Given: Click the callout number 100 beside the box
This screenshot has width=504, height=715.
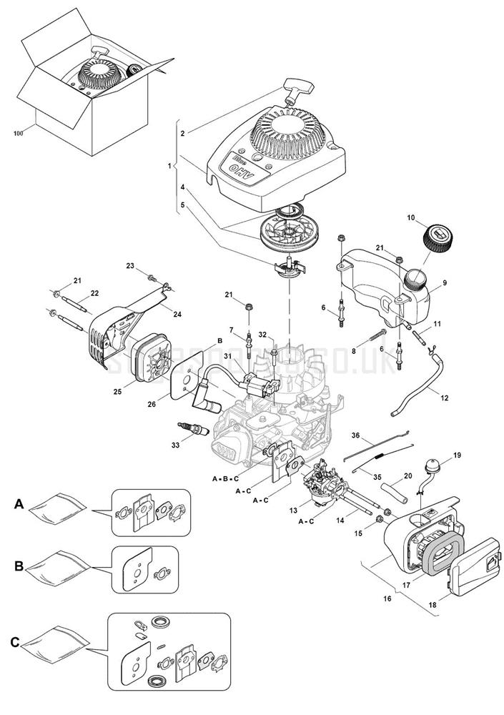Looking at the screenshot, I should (x=19, y=134).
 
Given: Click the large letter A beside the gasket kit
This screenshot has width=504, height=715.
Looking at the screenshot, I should (x=19, y=505).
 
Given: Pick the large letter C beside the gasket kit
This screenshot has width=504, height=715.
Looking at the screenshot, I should (x=15, y=641).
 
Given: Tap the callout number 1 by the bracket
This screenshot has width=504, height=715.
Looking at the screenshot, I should (x=169, y=166).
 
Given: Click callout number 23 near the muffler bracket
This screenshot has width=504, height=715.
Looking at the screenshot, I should (x=131, y=266).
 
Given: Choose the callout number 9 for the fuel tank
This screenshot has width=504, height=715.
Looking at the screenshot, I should (x=444, y=283).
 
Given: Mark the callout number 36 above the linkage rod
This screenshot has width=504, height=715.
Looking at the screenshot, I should (x=356, y=435).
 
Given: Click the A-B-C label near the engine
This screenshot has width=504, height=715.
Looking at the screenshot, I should (x=225, y=476).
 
